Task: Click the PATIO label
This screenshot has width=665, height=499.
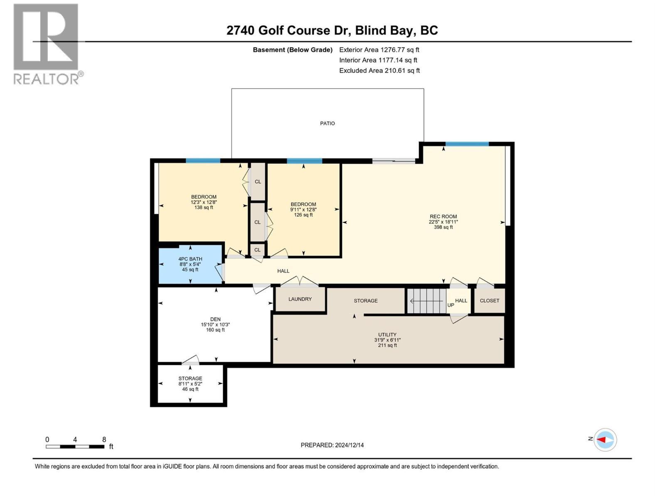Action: click(x=327, y=124)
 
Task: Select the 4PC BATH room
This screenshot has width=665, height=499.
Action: click(x=190, y=264)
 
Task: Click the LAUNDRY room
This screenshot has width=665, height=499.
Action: click(x=300, y=299)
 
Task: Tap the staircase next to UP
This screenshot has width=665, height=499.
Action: click(x=426, y=301)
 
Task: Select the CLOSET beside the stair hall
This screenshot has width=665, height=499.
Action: click(x=489, y=301)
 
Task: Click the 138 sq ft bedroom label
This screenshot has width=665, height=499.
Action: click(x=204, y=202)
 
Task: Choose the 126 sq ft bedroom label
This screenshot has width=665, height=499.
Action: click(x=303, y=210)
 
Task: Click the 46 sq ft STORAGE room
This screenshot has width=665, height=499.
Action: click(x=190, y=384)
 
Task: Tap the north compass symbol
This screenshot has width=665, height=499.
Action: click(x=605, y=440)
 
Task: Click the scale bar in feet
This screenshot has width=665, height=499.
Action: click(x=75, y=447)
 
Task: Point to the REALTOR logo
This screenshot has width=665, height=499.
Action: click(x=46, y=44)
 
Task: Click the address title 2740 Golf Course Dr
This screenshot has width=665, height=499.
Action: click(x=332, y=30)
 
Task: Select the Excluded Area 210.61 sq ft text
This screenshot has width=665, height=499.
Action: click(x=379, y=71)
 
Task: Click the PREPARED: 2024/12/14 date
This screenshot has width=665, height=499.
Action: click(x=332, y=445)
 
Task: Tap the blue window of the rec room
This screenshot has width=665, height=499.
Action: click(x=467, y=144)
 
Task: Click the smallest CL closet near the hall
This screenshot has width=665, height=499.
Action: click(x=257, y=250)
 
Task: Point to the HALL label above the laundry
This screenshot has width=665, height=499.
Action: click(x=283, y=271)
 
